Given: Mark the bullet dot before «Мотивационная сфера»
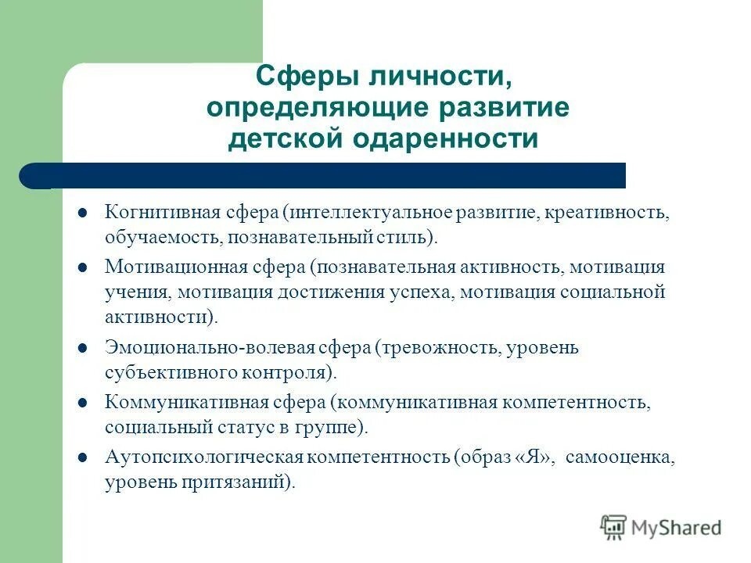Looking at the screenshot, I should [x=82, y=267].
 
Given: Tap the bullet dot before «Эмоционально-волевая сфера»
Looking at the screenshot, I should [x=82, y=347].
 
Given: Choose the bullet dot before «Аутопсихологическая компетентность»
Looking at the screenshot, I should [x=82, y=457].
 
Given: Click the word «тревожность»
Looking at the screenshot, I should [x=438, y=347].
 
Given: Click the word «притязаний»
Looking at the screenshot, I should [x=243, y=482].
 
